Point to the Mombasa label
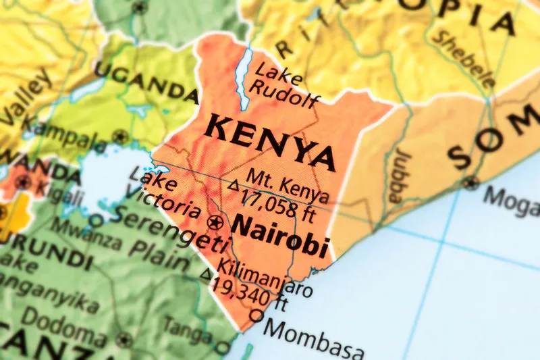click(314, 341)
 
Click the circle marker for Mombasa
click(256, 315)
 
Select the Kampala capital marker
click(121, 135)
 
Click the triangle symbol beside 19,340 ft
click(207, 274)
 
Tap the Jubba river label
click(396, 175)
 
